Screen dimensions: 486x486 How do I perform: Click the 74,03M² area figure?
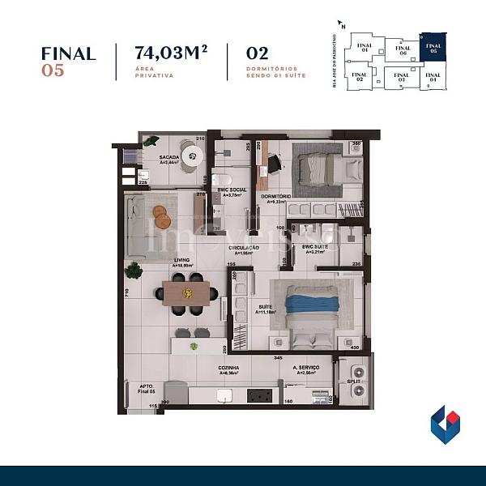pos(171,53)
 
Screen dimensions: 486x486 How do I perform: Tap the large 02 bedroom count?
pos(257,53)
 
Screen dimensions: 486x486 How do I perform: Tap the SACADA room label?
pos(168,156)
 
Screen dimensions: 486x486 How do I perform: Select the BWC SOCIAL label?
pos(232,190)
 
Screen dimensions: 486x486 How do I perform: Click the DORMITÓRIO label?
pos(276,197)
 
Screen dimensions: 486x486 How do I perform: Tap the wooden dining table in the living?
pos(185,292)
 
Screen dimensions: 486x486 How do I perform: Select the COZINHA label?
pos(228,367)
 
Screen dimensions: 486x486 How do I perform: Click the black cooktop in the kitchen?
pos(258,395)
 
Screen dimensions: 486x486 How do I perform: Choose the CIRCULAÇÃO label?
pos(243,247)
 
